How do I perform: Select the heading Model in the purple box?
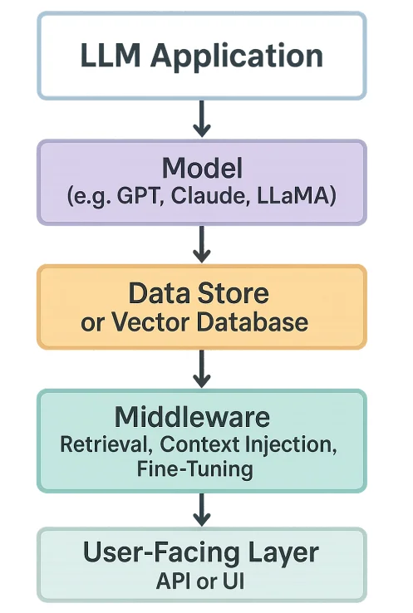pos(202,169)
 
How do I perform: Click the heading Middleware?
pos(202,415)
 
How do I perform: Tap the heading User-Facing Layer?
pos(202,552)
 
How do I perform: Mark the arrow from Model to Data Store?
pos(200,244)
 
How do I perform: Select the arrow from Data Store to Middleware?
pos(200,369)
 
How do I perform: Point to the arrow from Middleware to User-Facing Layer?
pos(200,508)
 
